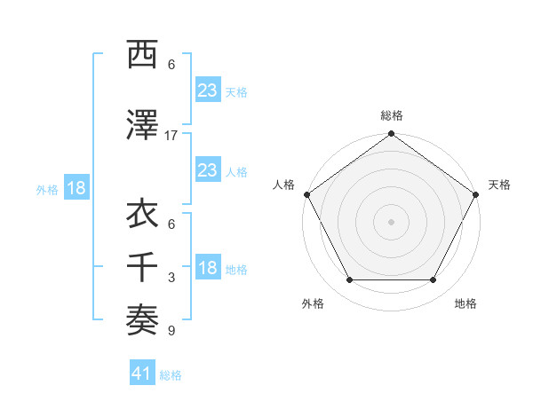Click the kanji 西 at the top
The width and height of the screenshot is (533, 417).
click(x=143, y=55)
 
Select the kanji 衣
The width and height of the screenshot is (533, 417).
click(x=143, y=214)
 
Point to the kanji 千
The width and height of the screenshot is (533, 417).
click(x=143, y=266)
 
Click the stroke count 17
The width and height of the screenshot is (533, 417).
click(x=171, y=135)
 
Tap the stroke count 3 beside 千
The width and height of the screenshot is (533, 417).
click(x=171, y=278)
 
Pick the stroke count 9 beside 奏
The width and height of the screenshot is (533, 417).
click(x=171, y=332)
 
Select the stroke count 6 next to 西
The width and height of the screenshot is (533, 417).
click(x=171, y=65)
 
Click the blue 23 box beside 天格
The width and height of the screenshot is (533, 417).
click(x=207, y=90)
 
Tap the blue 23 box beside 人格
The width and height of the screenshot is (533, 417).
click(x=207, y=170)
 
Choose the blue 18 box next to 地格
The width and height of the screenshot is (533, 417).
click(x=207, y=269)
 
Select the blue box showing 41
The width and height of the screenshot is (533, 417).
click(x=142, y=374)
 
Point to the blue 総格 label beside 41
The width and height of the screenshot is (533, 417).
click(x=171, y=375)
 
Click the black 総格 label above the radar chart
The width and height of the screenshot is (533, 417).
click(x=391, y=115)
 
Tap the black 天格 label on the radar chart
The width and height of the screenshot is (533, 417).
click(x=499, y=185)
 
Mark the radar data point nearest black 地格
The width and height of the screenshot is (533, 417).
click(x=434, y=280)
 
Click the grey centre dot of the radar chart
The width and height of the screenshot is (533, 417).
click(x=391, y=221)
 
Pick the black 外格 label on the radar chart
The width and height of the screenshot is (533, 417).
click(x=313, y=303)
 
